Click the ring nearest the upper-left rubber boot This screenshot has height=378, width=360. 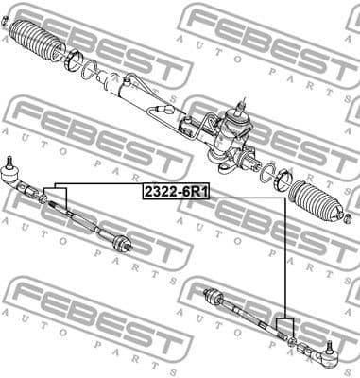pyautogui.click(x=74, y=62)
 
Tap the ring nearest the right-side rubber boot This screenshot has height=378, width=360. pyautogui.click(x=281, y=180)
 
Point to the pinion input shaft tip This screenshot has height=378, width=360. pyautogui.click(x=245, y=98)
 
